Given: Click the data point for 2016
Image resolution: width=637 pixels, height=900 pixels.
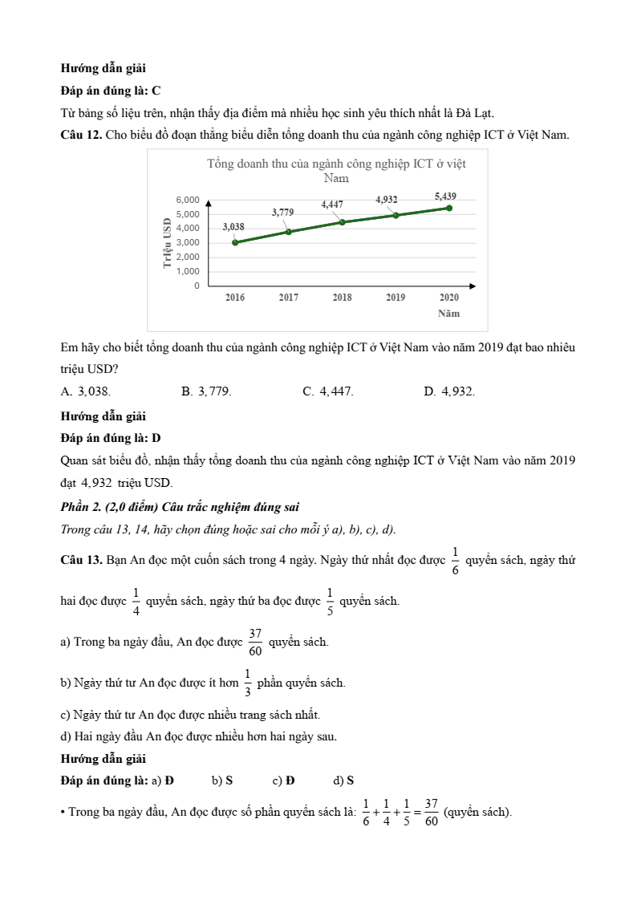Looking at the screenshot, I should [235, 242].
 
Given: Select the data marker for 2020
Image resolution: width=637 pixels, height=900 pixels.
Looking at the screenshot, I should [449, 208].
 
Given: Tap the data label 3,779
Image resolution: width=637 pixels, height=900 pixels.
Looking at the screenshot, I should [282, 213].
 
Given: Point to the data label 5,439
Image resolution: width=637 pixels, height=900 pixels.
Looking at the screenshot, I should [445, 197].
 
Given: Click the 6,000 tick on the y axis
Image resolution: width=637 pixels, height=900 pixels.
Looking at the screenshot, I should [188, 199].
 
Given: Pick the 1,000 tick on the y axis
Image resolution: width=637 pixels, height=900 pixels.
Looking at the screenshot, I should [188, 271].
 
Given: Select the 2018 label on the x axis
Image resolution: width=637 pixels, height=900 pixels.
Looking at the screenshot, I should [342, 298].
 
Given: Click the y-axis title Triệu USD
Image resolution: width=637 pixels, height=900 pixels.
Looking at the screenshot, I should [168, 242].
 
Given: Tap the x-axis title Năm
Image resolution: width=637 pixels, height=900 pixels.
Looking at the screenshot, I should [448, 314].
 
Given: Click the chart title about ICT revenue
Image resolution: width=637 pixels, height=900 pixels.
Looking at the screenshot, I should [336, 171].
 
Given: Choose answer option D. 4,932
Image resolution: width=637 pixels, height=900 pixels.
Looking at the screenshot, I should [448, 391].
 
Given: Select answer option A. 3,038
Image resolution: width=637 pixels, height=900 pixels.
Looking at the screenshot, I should [86, 391].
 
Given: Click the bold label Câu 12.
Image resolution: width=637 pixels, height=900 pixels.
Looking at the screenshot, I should [81, 135].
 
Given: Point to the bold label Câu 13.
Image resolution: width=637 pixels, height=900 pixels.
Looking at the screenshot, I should [81, 560].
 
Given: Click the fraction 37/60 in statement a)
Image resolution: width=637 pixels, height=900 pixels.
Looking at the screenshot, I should [254, 642].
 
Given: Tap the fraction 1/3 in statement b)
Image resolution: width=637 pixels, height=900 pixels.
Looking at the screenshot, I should [248, 683].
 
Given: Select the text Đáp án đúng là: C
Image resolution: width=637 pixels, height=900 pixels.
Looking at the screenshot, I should [111, 91].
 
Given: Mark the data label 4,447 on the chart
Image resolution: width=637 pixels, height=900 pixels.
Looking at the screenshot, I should [332, 205].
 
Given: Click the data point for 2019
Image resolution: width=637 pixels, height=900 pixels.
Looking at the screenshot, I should [396, 215].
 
